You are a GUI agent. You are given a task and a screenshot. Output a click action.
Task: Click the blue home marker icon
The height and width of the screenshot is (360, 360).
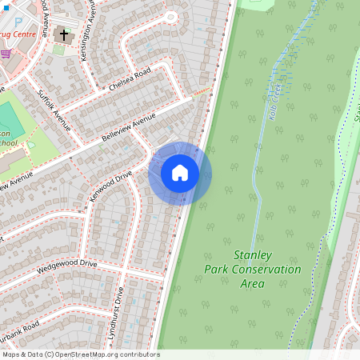click(x=180, y=173)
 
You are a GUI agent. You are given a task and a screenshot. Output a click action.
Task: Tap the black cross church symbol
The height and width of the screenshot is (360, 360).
click(x=64, y=34)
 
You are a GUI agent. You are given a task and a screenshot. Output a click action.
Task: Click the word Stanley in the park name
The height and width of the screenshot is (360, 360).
click(x=253, y=255)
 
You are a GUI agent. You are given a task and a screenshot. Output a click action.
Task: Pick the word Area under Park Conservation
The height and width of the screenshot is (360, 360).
click(x=253, y=284)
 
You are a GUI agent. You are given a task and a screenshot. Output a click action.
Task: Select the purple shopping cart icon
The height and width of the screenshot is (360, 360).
click(x=6, y=54)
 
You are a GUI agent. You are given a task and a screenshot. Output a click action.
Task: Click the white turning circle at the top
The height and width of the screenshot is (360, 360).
click(x=170, y=17)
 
